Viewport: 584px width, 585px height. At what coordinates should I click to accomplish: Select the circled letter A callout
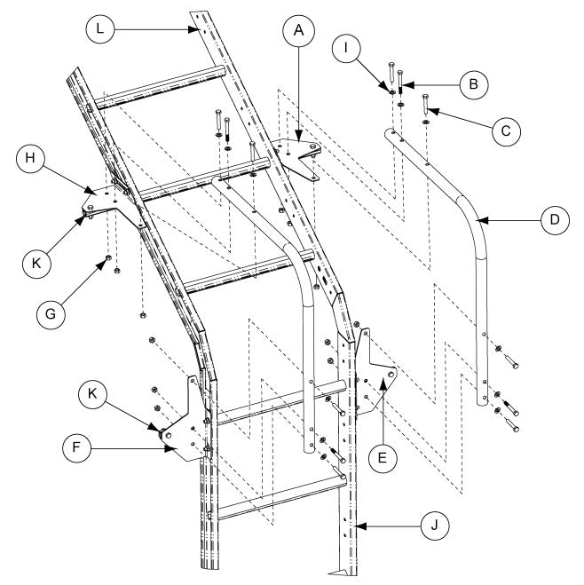[x=299, y=29]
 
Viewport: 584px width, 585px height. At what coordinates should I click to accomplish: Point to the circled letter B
[x=474, y=83]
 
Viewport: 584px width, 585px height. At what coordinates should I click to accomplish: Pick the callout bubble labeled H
[x=31, y=162]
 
